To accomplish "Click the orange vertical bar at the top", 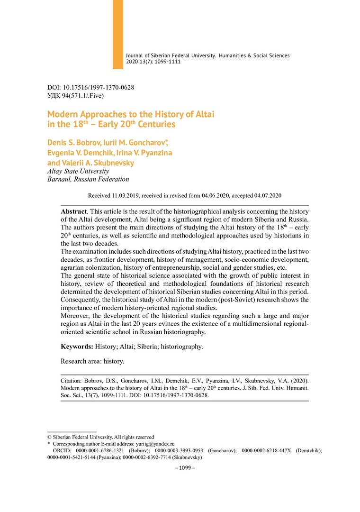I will (x=118, y=34).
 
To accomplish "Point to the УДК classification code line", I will (x=76, y=96).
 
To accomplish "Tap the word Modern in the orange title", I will (x=63, y=114).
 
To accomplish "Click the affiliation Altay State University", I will (x=78, y=171).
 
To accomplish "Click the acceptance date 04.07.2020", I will (x=268, y=196).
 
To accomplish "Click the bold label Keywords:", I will (x=77, y=347).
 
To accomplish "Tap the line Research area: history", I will (x=92, y=361).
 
